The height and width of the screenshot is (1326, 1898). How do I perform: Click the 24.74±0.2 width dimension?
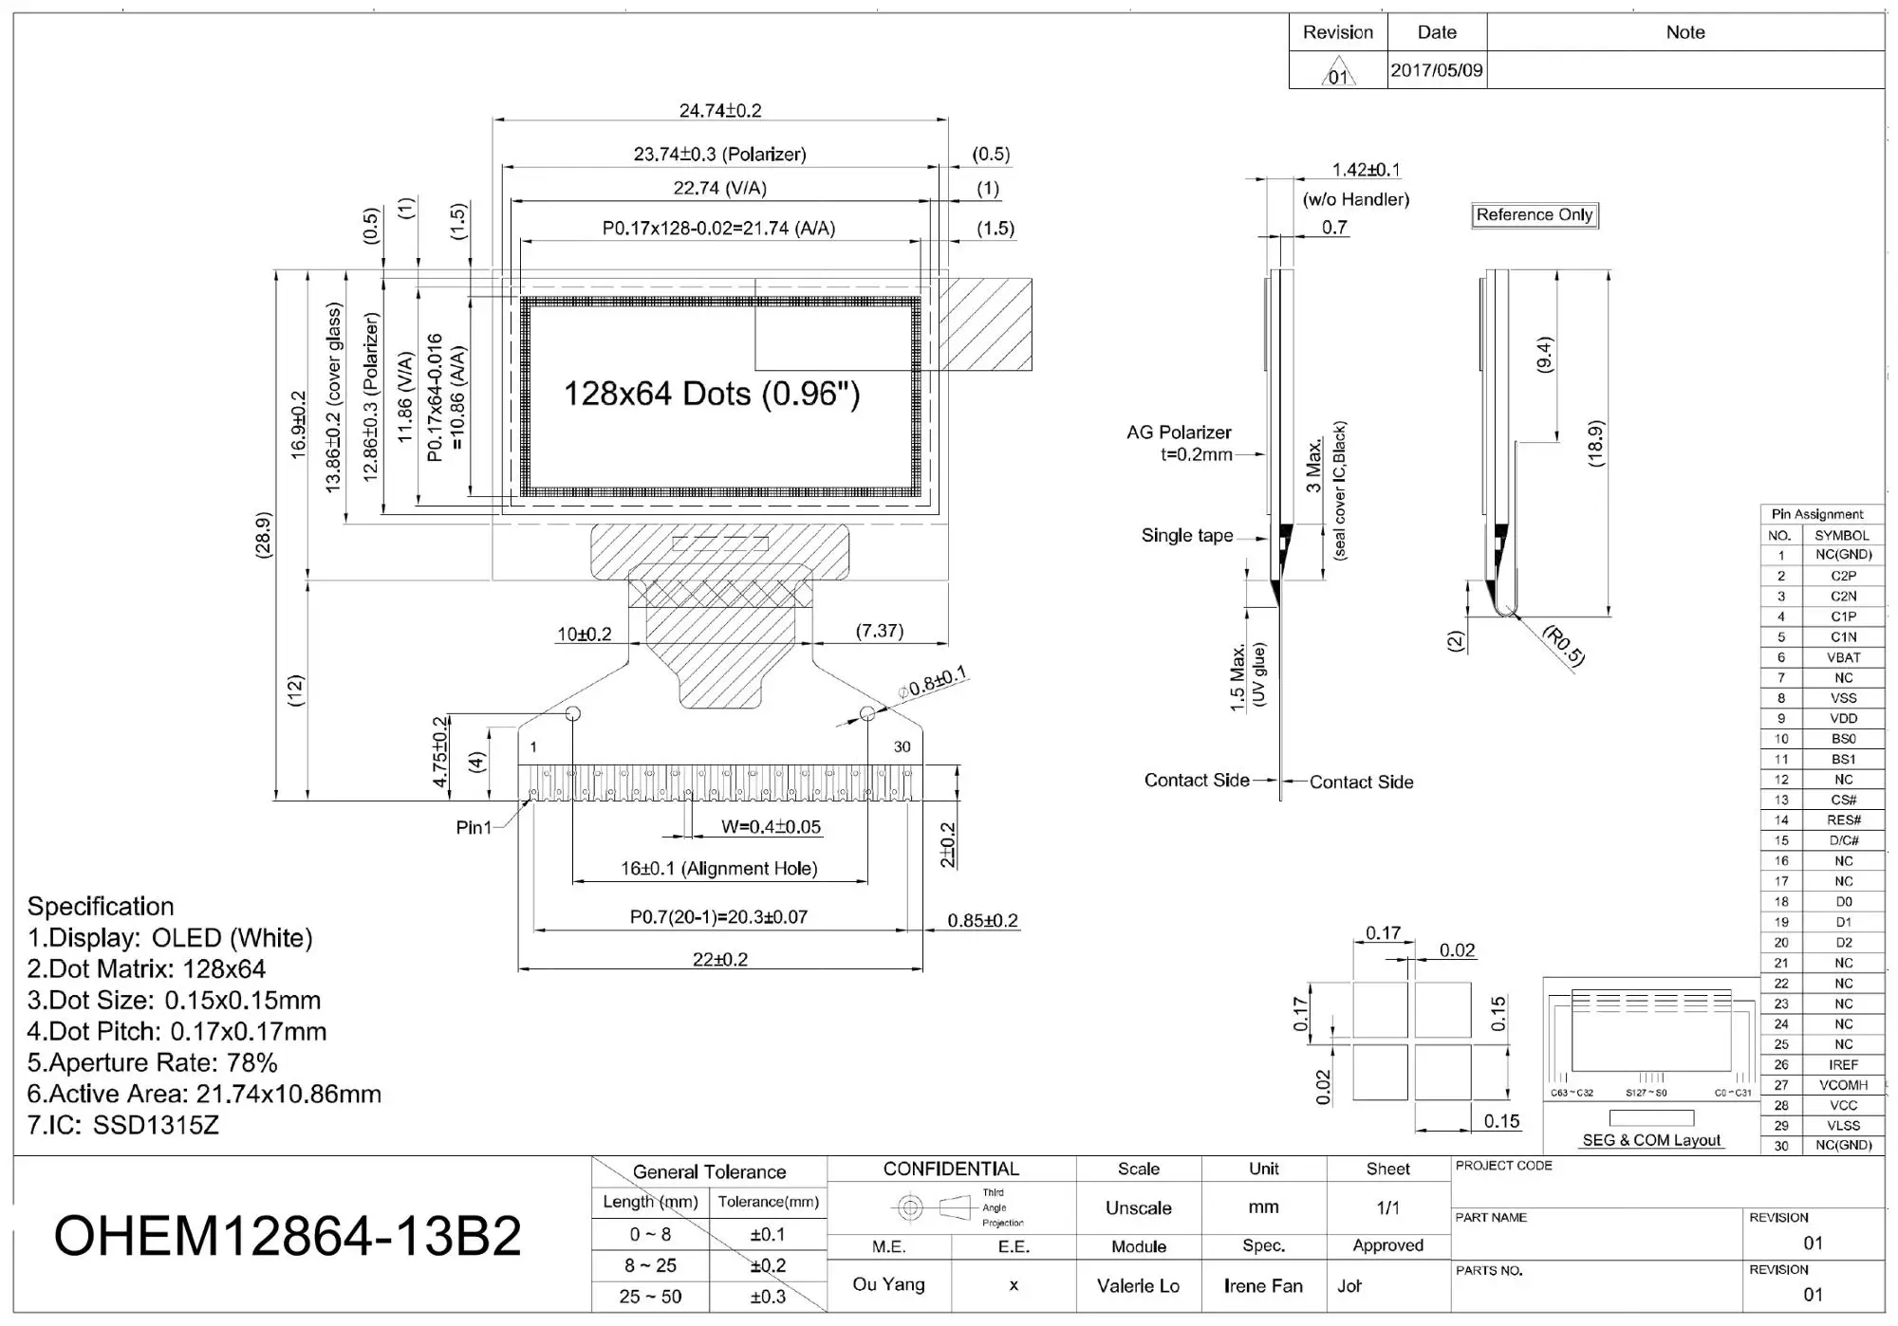pyautogui.click(x=720, y=111)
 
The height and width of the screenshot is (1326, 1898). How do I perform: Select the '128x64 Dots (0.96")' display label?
pyautogui.click(x=712, y=394)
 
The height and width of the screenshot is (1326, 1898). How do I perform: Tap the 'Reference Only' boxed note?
pyautogui.click(x=1535, y=215)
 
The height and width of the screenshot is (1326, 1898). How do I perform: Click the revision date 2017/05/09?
pyautogui.click(x=1436, y=70)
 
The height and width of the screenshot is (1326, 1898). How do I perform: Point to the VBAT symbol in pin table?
pyautogui.click(x=1843, y=657)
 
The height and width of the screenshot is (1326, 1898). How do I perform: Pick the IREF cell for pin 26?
pyautogui.click(x=1843, y=1064)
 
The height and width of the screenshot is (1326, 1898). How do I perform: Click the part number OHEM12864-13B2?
pyautogui.click(x=288, y=1236)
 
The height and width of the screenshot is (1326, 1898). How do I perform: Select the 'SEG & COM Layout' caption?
pyautogui.click(x=1651, y=1140)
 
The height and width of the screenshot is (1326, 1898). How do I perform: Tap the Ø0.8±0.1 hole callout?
pyautogui.click(x=933, y=682)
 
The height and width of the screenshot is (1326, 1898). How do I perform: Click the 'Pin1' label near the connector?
pyautogui.click(x=474, y=828)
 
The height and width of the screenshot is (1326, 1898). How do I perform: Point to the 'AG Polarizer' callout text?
pyautogui.click(x=1179, y=433)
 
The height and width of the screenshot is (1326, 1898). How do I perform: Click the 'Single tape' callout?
pyautogui.click(x=1187, y=536)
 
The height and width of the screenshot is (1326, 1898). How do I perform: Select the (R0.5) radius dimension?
pyautogui.click(x=1563, y=646)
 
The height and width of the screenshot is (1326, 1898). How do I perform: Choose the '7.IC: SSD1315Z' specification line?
pyautogui.click(x=123, y=1125)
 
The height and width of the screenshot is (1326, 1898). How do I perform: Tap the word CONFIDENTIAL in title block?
pyautogui.click(x=951, y=1169)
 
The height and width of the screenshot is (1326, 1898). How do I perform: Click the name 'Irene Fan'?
pyautogui.click(x=1263, y=1286)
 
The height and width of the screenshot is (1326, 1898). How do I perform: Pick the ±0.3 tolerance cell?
pyautogui.click(x=768, y=1297)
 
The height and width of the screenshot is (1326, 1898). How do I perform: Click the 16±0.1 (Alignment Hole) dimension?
pyautogui.click(x=718, y=869)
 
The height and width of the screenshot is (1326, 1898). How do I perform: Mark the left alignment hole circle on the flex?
pyautogui.click(x=573, y=713)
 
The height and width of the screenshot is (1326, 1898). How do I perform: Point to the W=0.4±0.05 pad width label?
pyautogui.click(x=771, y=827)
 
